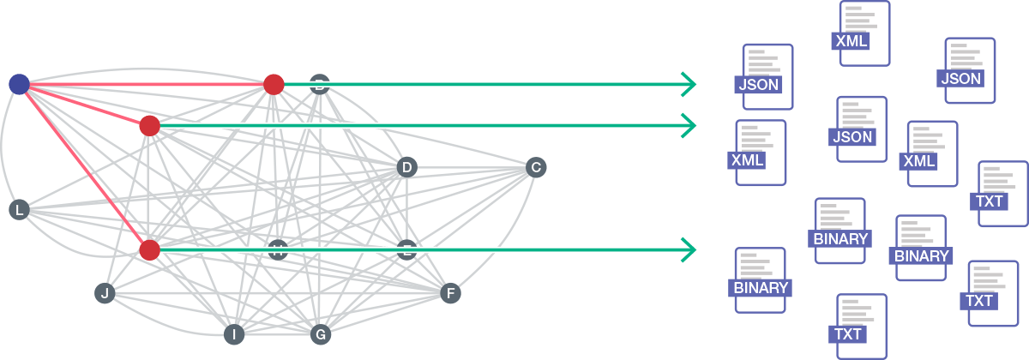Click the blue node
tap(19, 84)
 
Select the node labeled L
tap(19, 210)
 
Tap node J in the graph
tap(105, 294)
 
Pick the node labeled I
tap(232, 334)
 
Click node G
tap(320, 334)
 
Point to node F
tap(449, 294)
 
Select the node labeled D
tap(406, 167)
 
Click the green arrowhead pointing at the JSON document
tap(689, 84)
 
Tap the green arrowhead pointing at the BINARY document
tap(689, 249)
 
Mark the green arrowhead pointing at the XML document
tap(689, 125)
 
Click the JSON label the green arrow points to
tap(758, 85)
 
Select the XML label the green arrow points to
tap(748, 159)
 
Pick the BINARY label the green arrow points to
tap(760, 288)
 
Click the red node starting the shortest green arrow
tap(274, 84)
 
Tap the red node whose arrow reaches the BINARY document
tap(149, 250)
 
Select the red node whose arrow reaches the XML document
tap(149, 126)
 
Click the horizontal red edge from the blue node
tap(146, 84)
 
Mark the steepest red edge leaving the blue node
tap(84, 167)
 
